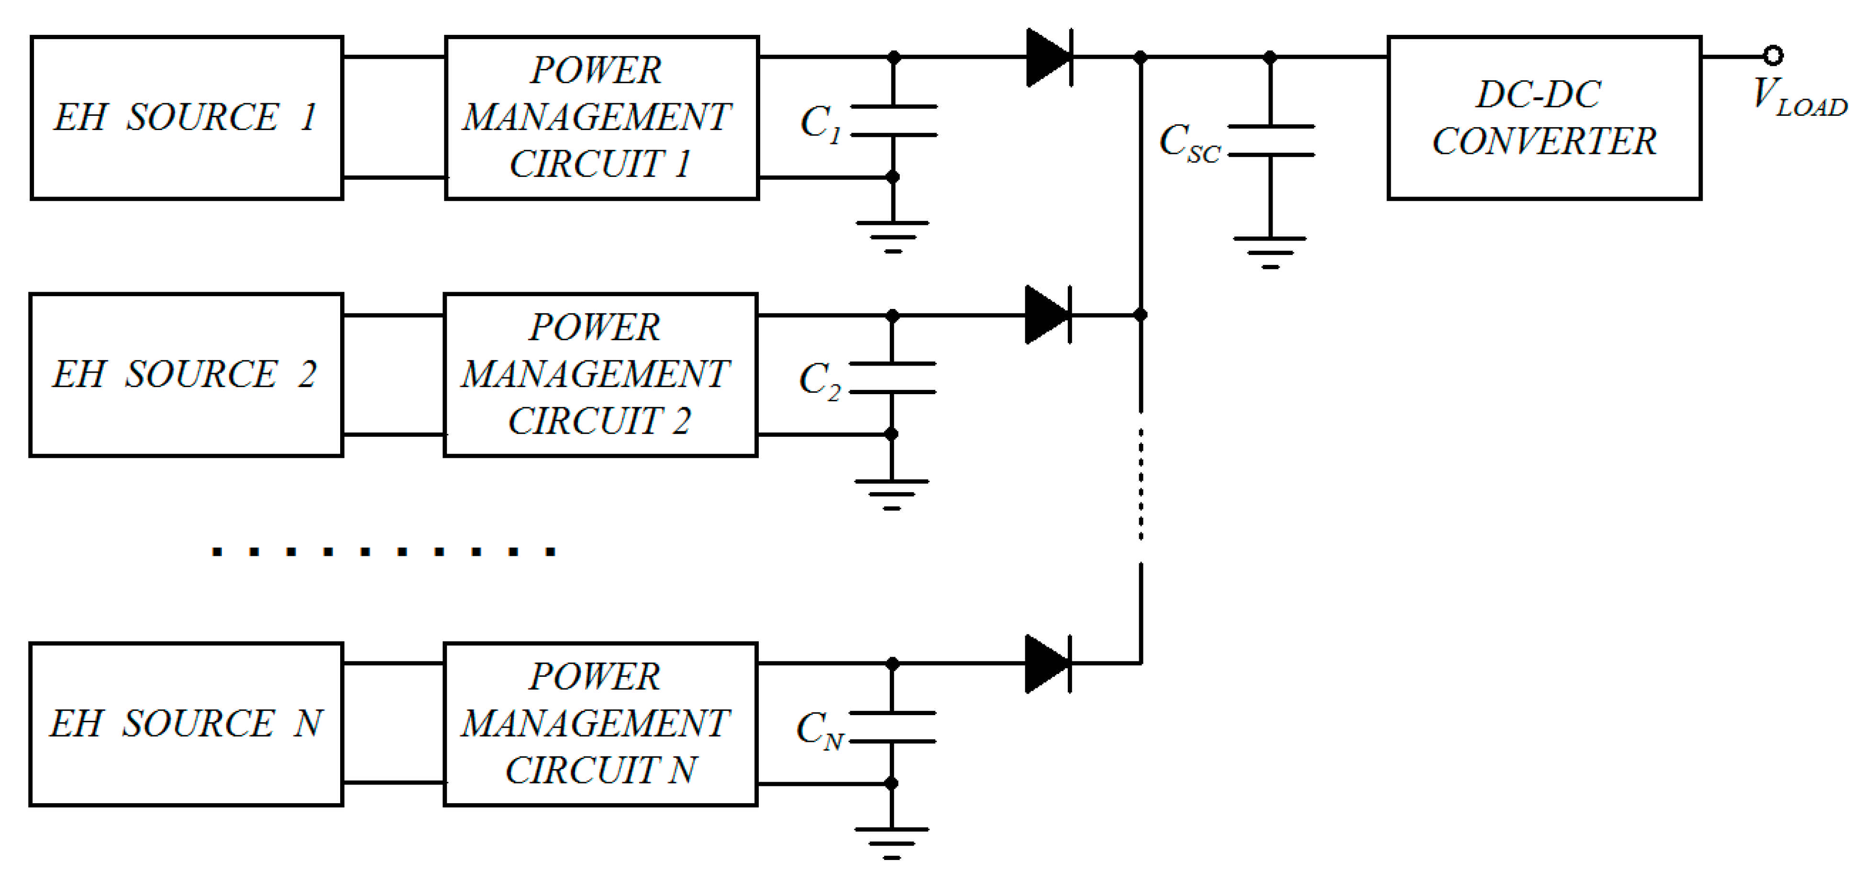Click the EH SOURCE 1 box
[186, 118]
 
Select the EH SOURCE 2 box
[186, 375]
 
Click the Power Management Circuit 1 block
[601, 118]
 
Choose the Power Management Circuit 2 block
[600, 375]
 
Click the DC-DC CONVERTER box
[1544, 118]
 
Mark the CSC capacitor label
[1189, 143]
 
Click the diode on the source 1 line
[1049, 57]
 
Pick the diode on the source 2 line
[1048, 315]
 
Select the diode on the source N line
[1048, 663]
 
